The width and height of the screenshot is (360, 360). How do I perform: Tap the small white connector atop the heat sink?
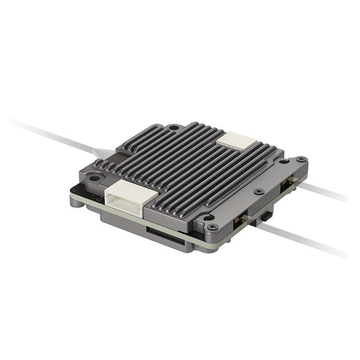[236, 141]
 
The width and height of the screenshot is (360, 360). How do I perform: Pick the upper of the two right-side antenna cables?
[324, 192]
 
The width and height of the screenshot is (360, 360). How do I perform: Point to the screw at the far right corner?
[299, 160]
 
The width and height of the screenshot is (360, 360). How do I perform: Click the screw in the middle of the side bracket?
[259, 191]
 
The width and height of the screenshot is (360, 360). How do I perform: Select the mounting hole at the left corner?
[93, 178]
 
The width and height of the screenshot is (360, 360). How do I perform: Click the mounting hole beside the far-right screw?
[283, 161]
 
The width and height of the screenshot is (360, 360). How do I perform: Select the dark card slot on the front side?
[164, 235]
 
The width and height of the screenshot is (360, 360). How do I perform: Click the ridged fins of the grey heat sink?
[192, 168]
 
